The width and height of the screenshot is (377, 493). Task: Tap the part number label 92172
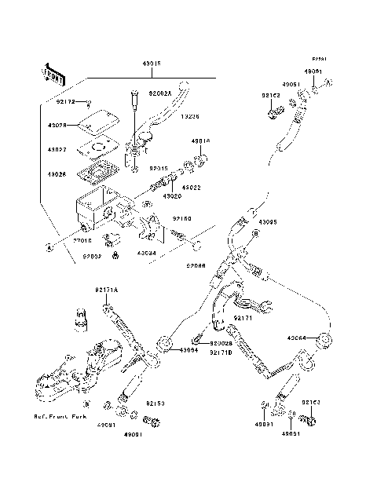(66, 101)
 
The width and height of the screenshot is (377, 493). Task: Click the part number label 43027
(57, 148)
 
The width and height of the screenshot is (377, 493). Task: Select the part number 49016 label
(200, 142)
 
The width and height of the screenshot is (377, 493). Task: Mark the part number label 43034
(146, 254)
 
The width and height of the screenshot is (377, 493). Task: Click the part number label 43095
(268, 222)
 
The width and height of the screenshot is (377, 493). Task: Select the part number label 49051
(291, 83)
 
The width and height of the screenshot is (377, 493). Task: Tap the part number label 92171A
(106, 290)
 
